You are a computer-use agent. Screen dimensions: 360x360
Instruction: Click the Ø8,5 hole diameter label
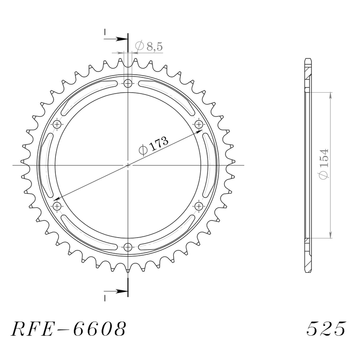pos(149,46)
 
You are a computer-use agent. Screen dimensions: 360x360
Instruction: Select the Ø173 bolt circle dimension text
pos(153,145)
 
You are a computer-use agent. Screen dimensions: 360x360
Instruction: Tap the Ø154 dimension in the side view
pos(324,164)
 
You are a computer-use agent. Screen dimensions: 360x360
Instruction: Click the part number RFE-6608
pos(69,328)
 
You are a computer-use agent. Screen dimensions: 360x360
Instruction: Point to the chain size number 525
pos(326,328)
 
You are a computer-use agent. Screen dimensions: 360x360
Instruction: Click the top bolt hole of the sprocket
pos(128,83)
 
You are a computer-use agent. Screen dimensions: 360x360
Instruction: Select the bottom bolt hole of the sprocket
pos(128,247)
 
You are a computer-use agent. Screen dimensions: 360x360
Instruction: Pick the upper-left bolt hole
pos(57,125)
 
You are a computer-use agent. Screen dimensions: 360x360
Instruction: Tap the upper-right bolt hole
pos(199,125)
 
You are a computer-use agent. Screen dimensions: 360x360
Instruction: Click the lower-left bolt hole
pos(57,206)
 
